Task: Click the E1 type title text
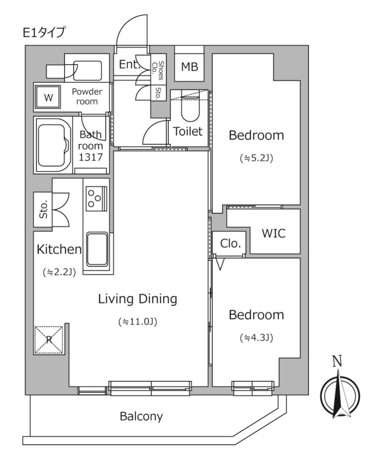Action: pos(44,32)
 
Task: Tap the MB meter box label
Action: pos(189,67)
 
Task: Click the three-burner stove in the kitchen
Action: pos(95,198)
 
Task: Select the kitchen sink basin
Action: pos(97,249)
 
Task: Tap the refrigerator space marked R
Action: pos(49,339)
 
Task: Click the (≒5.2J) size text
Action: pos(256,157)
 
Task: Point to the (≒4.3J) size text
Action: pos(256,337)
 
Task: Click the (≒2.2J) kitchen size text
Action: pos(59,272)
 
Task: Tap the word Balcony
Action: pos(141,416)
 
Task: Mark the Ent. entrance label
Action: pos(129,65)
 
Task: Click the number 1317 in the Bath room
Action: pos(91,157)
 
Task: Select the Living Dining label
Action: pos(138,299)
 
